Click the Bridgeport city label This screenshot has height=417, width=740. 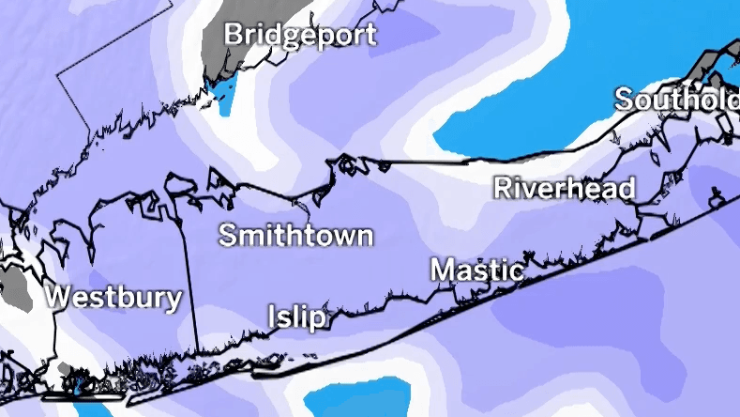pyautogui.click(x=299, y=36)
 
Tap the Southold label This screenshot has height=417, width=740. pyautogui.click(x=675, y=99)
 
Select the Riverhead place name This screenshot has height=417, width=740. pyautogui.click(x=564, y=188)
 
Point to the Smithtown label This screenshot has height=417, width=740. pyautogui.click(x=295, y=235)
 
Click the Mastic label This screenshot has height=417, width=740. pyautogui.click(x=476, y=270)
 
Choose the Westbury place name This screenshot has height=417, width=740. pyautogui.click(x=113, y=299)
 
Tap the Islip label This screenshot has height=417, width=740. pyautogui.click(x=298, y=317)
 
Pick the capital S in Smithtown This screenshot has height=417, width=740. pyautogui.click(x=228, y=235)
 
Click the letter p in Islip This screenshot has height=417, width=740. pyautogui.click(x=319, y=319)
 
